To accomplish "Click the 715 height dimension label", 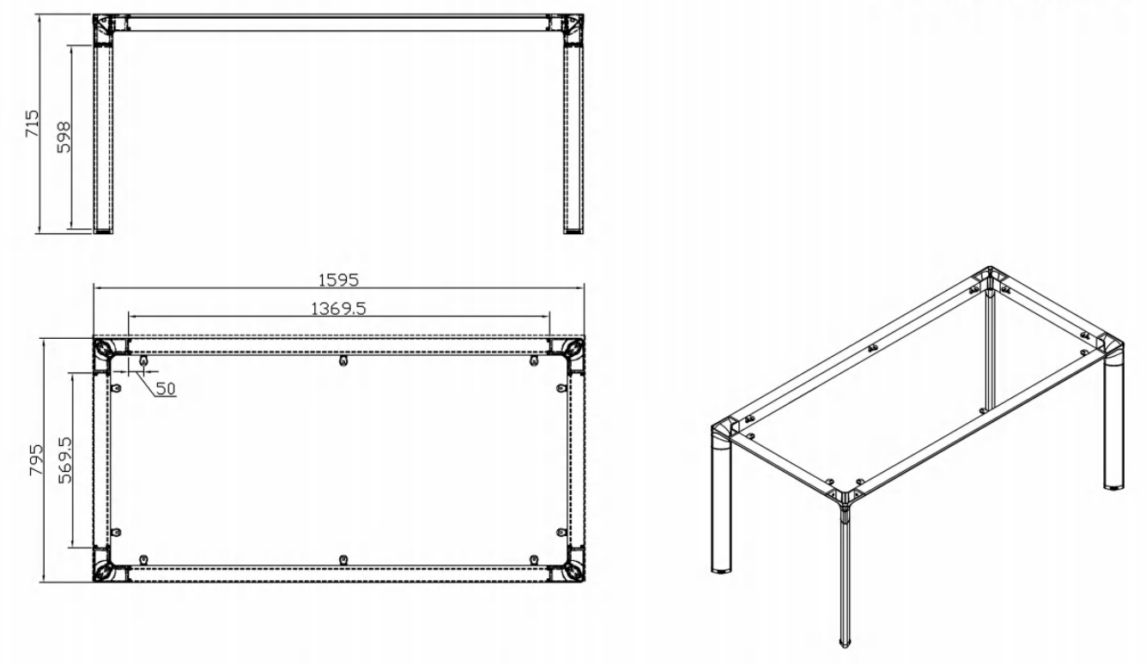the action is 33,124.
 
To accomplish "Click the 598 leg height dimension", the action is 64,137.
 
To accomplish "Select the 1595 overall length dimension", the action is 339,281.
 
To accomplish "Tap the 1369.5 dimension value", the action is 339,309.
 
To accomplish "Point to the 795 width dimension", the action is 36,460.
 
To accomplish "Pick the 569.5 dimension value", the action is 65,460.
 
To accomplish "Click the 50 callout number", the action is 166,389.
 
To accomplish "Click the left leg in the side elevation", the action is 103,139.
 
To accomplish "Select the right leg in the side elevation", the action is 573,139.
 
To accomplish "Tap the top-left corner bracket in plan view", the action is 105,350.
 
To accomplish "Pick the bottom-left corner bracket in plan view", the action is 105,570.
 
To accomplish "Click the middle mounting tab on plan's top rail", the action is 343,361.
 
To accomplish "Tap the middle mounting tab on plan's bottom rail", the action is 343,559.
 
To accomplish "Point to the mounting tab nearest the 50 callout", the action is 143,361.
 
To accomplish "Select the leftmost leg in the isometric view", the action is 721,501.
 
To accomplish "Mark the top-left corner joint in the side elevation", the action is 103,30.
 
